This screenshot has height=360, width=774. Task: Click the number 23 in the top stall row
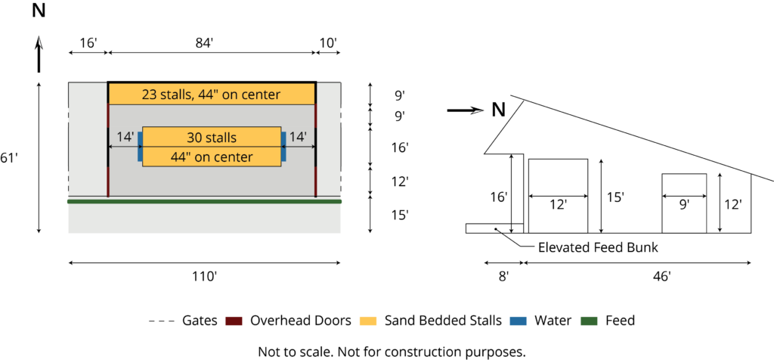coord(150,95)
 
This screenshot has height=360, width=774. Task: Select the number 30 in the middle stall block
coord(195,138)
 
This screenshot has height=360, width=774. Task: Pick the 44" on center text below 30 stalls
coord(212,157)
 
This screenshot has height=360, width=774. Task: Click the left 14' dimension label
coord(125,137)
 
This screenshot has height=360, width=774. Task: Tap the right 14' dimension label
coord(298,137)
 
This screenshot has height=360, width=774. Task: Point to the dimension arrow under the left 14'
coord(125,147)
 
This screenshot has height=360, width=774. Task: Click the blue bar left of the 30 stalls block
coord(140,147)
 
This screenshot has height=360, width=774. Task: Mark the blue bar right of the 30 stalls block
coord(283,147)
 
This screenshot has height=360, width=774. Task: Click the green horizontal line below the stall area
coord(204,202)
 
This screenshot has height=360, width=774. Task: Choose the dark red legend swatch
coord(234,321)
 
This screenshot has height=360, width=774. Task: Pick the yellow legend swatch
coord(367,321)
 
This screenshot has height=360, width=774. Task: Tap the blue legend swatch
coord(518,321)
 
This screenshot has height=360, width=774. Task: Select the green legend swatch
coord(589,321)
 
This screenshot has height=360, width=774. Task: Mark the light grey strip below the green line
coord(204,219)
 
